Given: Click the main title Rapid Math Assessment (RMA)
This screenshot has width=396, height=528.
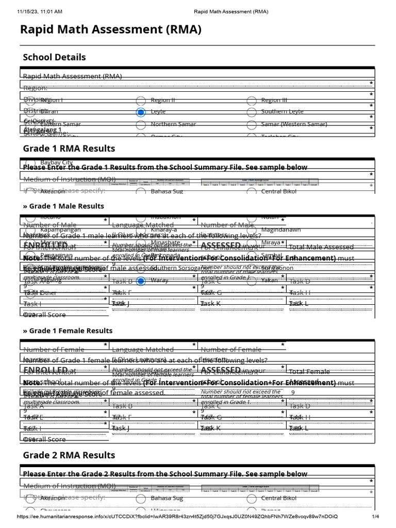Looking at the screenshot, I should [110, 30].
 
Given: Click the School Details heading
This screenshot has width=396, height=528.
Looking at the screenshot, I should [54, 57].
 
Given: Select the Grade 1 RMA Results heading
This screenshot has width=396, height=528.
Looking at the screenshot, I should [69, 148].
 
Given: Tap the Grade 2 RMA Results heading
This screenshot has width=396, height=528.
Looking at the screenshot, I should [69, 455].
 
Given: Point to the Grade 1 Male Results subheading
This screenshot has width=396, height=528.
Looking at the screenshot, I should [63, 206].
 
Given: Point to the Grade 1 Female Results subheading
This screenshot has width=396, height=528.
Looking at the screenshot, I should [68, 331].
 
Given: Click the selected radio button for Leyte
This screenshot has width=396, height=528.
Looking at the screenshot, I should [141, 112].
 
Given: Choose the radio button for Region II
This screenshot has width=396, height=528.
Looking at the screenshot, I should [141, 101].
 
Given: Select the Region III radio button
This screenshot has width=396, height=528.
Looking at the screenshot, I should [252, 101].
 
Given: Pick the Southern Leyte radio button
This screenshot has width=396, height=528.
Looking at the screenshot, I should [252, 112].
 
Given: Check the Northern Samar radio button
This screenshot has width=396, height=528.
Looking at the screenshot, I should [141, 125].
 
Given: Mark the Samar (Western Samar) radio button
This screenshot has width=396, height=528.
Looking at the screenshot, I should [252, 125].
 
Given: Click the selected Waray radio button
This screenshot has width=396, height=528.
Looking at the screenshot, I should [141, 281].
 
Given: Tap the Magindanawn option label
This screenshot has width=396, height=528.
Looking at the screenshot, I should [281, 230].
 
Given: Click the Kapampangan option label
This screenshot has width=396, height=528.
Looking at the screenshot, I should [60, 230].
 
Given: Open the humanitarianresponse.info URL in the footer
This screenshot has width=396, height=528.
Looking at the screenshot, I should [178, 517].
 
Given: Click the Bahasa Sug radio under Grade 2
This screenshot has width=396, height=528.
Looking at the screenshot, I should [141, 499].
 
